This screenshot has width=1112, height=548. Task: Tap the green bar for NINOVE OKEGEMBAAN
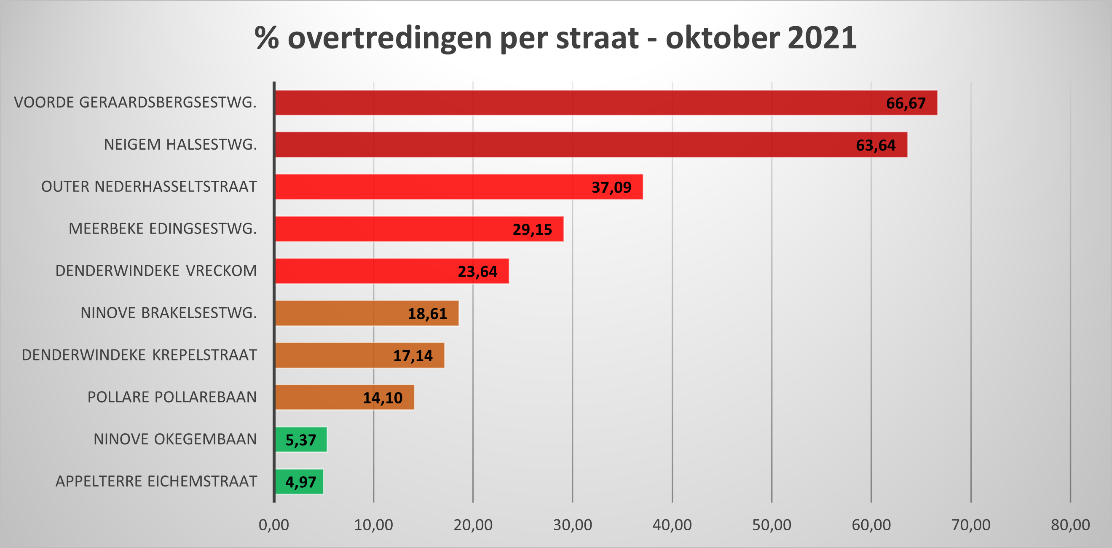pyautogui.click(x=301, y=440)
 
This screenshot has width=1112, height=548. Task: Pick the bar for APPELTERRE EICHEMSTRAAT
pyautogui.click(x=299, y=481)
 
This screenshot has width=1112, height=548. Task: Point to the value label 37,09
pyautogui.click(x=611, y=188)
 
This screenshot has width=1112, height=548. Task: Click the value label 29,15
pyautogui.click(x=532, y=229)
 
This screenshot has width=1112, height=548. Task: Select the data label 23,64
pyautogui.click(x=477, y=271)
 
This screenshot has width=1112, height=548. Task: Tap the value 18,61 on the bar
pyautogui.click(x=427, y=314)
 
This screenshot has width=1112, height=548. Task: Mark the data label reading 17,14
pyautogui.click(x=413, y=356)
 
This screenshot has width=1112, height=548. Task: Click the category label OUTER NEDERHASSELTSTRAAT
pyautogui.click(x=149, y=187)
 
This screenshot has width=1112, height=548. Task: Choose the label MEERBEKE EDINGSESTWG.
pyautogui.click(x=163, y=228)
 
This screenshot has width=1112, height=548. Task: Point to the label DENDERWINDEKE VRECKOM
pyautogui.click(x=156, y=271)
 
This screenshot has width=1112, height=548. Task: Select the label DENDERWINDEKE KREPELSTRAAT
pyautogui.click(x=139, y=355)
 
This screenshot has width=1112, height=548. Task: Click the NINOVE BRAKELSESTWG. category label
pyautogui.click(x=169, y=313)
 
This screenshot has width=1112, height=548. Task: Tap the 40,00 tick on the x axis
pyautogui.click(x=672, y=525)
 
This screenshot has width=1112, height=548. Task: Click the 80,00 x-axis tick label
pyautogui.click(x=1070, y=525)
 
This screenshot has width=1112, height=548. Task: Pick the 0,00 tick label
pyautogui.click(x=274, y=525)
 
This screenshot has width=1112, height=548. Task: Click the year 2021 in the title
pyautogui.click(x=822, y=38)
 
